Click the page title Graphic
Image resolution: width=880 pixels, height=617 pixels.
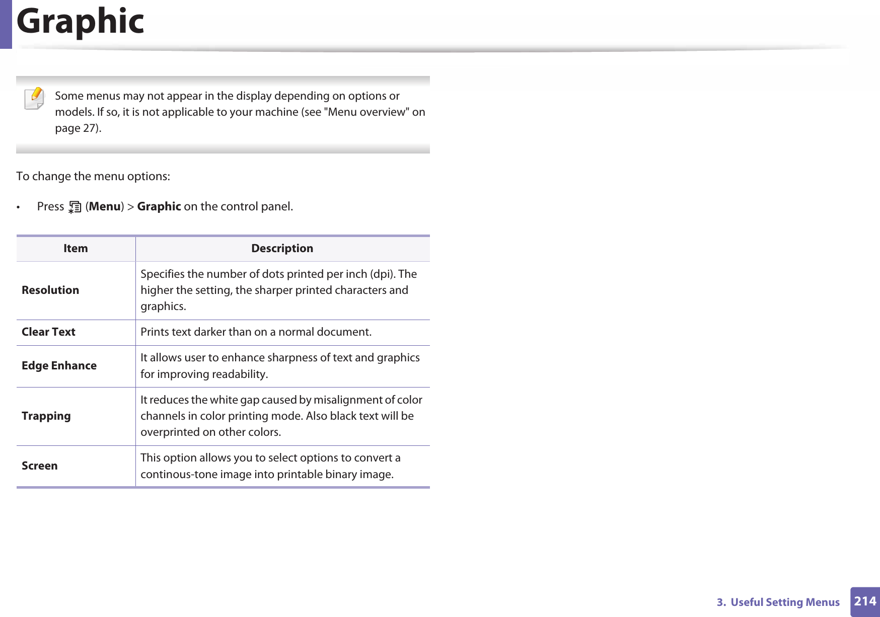(x=81, y=22)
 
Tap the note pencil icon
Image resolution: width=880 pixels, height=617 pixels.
(x=34, y=98)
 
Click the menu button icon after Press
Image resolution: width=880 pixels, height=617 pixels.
(x=75, y=207)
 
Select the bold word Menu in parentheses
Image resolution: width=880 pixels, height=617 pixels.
(x=105, y=207)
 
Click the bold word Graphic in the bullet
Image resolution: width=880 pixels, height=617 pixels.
(x=159, y=207)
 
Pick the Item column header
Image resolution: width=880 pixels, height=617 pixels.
(x=76, y=249)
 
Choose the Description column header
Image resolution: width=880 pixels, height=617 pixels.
(x=282, y=249)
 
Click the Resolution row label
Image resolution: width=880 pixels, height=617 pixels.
(x=50, y=290)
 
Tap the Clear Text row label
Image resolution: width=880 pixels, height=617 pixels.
(x=48, y=332)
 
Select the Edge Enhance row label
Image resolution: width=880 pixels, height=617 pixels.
(x=59, y=366)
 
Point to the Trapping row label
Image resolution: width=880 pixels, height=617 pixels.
(x=46, y=416)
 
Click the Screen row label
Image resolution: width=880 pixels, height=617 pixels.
(x=39, y=466)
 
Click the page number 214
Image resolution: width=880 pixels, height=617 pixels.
(x=865, y=601)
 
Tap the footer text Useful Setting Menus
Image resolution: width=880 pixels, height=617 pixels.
(x=785, y=602)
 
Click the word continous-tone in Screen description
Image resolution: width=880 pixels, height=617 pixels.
(x=177, y=475)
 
